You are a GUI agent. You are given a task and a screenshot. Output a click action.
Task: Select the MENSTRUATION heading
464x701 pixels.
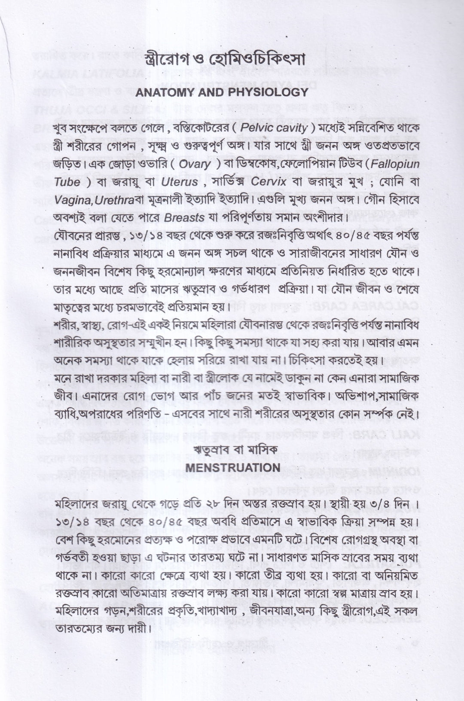tap(232, 467)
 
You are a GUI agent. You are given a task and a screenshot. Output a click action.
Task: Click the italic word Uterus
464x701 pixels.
tap(180, 182)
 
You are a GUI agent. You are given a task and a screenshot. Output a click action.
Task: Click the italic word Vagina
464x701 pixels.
tap(73, 200)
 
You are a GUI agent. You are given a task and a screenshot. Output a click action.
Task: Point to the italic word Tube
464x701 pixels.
tap(67, 182)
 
